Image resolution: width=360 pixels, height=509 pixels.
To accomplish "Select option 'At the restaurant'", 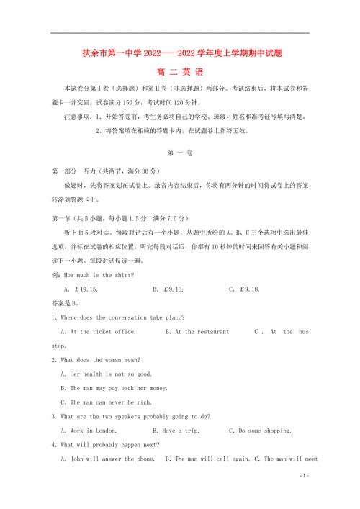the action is (x=198, y=332).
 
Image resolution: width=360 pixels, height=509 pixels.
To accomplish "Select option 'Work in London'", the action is (x=98, y=431).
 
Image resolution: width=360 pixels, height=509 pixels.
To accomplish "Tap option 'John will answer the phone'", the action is (x=107, y=459).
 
